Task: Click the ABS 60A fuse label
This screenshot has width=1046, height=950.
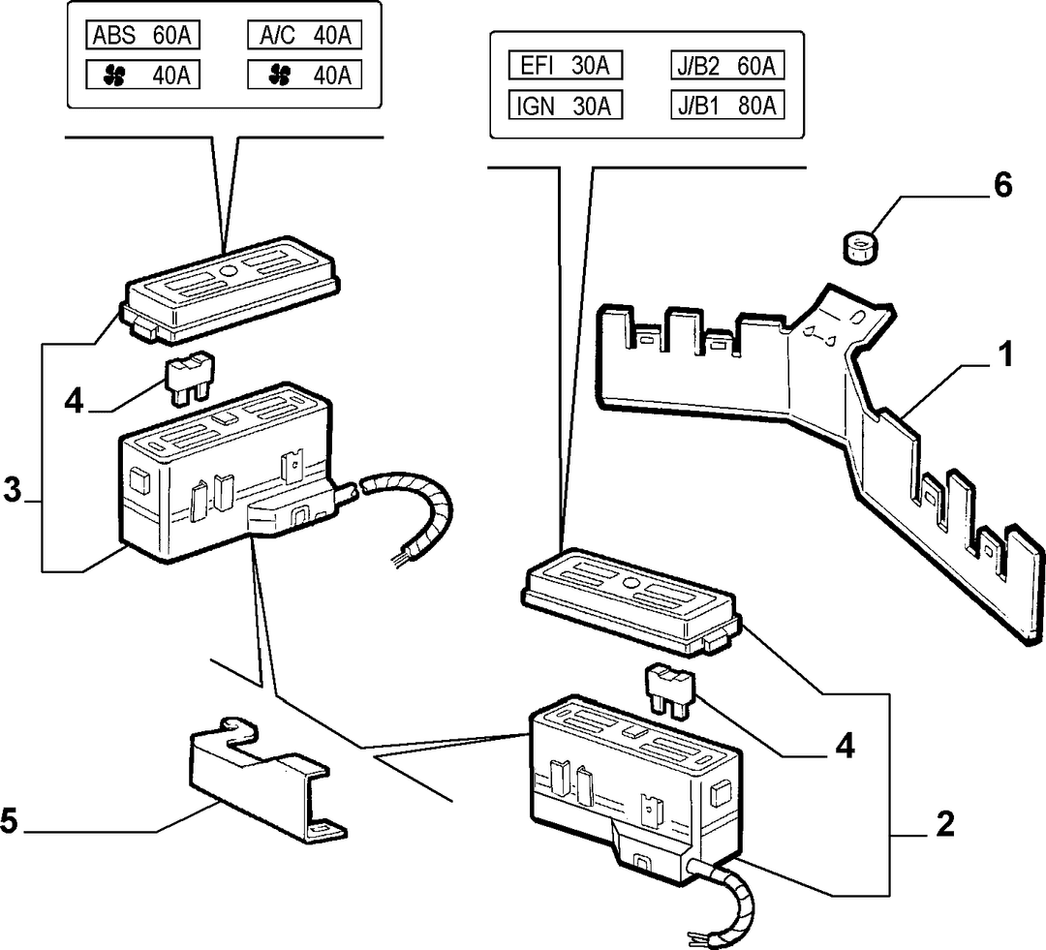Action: [x=142, y=35]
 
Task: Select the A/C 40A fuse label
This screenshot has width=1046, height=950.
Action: [x=304, y=35]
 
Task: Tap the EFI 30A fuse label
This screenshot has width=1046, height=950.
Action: [x=565, y=66]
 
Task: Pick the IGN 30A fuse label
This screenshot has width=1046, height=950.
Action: [x=565, y=106]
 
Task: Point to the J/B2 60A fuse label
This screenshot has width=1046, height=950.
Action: [x=727, y=66]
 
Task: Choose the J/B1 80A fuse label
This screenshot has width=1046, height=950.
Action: [x=727, y=106]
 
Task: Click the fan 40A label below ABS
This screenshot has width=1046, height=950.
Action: [x=142, y=75]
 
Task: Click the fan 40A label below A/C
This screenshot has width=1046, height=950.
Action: [x=304, y=75]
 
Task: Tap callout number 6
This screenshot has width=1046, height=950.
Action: [x=1002, y=186]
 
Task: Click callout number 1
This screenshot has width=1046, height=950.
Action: [x=1004, y=354]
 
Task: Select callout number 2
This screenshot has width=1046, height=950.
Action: [x=944, y=824]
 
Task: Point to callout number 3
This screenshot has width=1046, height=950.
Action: [x=12, y=490]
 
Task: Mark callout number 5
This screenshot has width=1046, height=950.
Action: [x=9, y=820]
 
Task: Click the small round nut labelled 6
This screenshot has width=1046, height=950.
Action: [x=859, y=247]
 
